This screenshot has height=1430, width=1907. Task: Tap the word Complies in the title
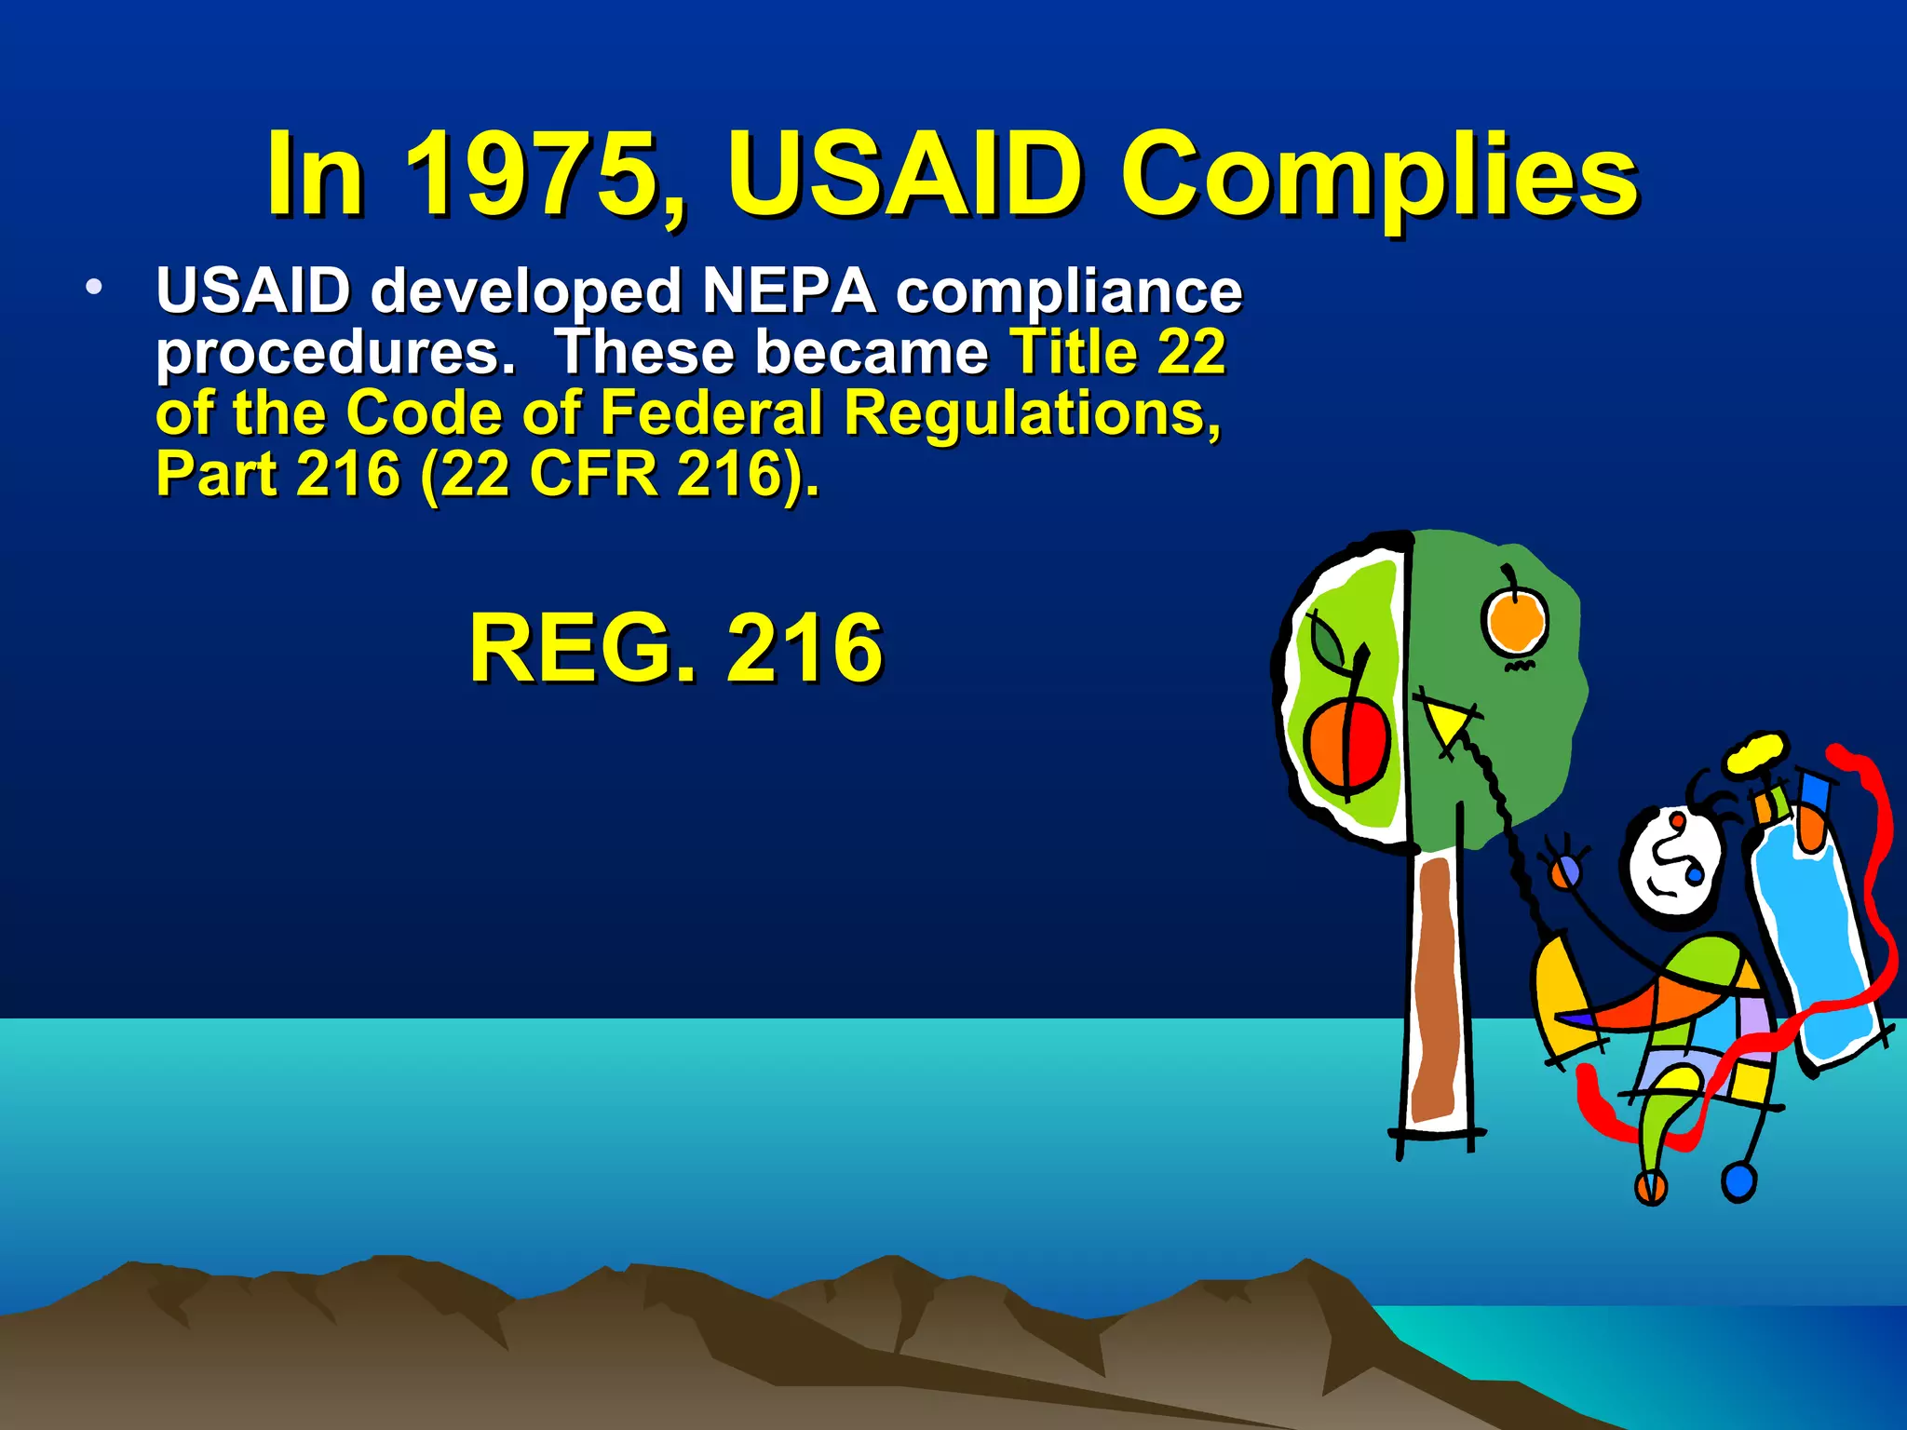1378,177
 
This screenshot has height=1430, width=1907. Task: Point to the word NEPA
789,290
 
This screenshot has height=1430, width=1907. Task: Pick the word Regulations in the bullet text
1032,414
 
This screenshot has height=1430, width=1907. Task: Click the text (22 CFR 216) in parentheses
618,475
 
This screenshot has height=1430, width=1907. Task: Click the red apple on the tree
1346,744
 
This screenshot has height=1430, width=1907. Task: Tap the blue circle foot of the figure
1738,1182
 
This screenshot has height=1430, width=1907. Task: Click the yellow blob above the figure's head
1756,751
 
